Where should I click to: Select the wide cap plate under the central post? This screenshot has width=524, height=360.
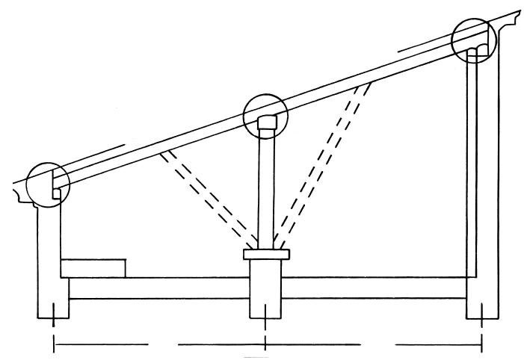[267, 255]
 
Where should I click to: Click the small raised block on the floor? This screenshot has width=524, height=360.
[93, 268]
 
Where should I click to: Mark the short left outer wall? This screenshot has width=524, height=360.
[46, 254]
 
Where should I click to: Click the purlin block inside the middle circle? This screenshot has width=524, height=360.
[267, 122]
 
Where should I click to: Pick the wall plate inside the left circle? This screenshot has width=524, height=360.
[57, 193]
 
